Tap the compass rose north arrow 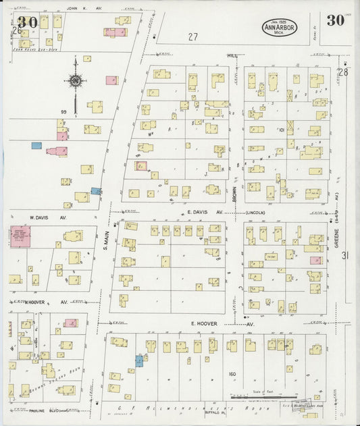[x=75, y=82]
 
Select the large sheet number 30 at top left [x=28, y=22]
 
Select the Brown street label [x=236, y=194]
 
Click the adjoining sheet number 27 [x=195, y=36]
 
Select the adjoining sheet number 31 [x=344, y=255]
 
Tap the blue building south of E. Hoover [x=138, y=361]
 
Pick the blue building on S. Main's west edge [x=96, y=191]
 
